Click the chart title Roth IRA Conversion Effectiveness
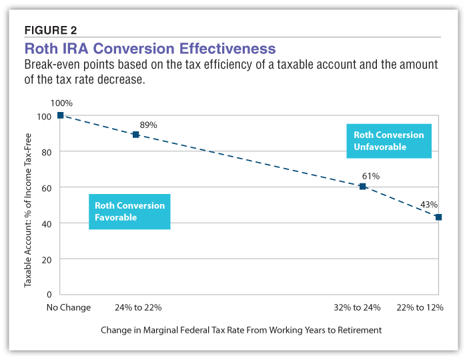click(149, 49)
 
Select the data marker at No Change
click(60, 115)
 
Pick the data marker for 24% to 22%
click(135, 135)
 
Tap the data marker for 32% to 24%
click(363, 187)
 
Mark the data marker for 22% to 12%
click(438, 217)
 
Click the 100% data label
click(61, 103)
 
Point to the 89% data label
click(148, 125)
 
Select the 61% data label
click(370, 176)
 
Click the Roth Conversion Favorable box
click(129, 211)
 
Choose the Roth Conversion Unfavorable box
click(388, 141)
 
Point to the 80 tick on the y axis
click(46, 152)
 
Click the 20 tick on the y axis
click(46, 259)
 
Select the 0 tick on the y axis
click(49, 294)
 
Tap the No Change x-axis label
click(68, 308)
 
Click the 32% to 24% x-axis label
click(358, 308)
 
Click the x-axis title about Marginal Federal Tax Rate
click(242, 330)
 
